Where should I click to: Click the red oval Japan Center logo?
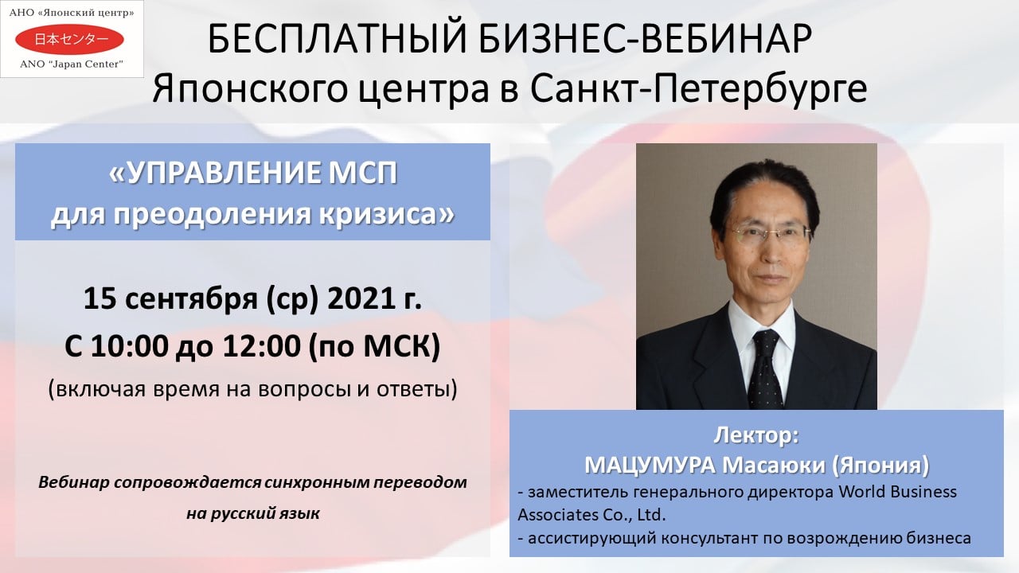[69, 40]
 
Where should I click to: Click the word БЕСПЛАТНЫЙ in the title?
[337, 39]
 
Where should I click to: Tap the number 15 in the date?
[100, 298]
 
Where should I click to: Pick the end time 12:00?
[260, 346]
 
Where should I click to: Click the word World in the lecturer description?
[862, 492]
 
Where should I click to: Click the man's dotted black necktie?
[765, 369]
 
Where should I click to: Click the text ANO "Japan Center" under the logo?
[72, 64]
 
